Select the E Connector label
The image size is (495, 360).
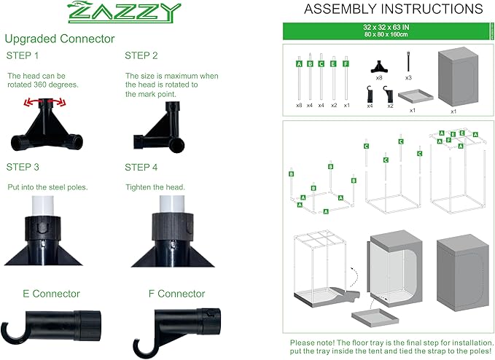pos(52,294)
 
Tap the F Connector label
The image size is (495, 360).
pos(175,294)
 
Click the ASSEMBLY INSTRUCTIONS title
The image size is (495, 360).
pos(383,9)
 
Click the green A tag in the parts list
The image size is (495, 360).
pos(299,64)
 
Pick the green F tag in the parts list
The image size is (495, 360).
pos(345,64)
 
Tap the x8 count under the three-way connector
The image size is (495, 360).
pos(379,77)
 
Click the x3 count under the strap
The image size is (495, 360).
pos(408,77)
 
